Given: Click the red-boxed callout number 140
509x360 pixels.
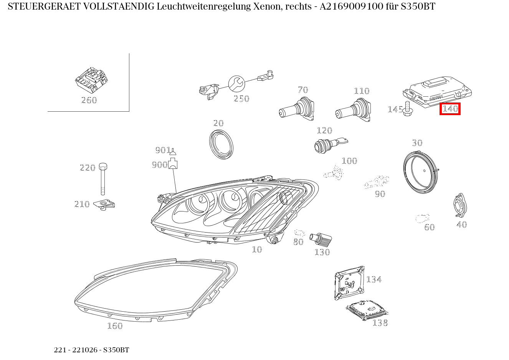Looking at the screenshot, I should (450, 109).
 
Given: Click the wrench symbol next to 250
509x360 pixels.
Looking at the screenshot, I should (236, 83).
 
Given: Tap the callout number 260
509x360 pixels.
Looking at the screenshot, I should (89, 100).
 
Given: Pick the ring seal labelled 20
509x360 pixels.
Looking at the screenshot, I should (221, 144).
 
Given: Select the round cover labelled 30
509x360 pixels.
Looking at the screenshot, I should (421, 171).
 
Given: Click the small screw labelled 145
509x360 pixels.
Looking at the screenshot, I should (407, 108).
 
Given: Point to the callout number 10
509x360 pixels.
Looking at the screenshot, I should (257, 249).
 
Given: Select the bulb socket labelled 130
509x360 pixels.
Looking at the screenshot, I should (322, 239).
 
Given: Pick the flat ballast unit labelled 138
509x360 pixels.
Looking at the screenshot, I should (367, 309).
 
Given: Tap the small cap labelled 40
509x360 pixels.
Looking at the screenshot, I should (460, 206).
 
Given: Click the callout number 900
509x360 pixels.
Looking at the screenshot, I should (159, 165).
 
